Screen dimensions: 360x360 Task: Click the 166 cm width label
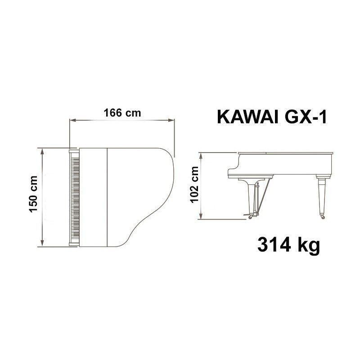tap(122, 113)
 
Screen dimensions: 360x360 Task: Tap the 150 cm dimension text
tap(33, 194)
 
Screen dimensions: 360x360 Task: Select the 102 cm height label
tap(194, 184)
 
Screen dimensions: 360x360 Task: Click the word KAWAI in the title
tap(247, 117)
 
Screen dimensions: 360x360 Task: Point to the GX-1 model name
tap(306, 117)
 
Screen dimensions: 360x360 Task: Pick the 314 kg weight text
tap(288, 245)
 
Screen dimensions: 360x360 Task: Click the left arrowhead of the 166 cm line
tap(72, 120)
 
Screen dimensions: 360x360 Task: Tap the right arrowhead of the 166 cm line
tap(171, 120)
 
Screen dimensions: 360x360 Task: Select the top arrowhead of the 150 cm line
tap(42, 151)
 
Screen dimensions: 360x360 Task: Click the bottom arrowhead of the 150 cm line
tap(42, 243)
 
